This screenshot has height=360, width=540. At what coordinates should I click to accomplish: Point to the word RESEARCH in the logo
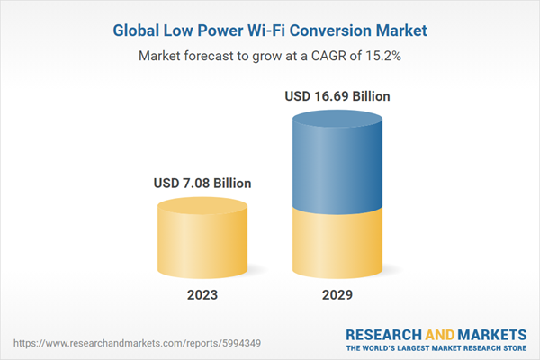tap(385, 333)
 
